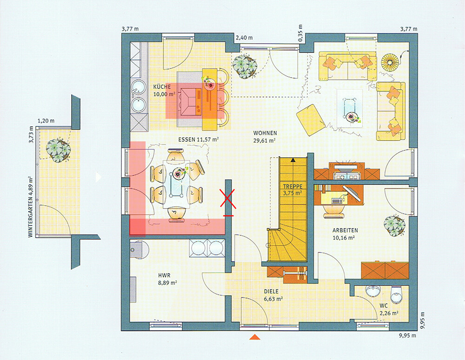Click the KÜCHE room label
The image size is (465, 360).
[162, 87]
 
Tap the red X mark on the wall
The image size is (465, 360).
[228, 198]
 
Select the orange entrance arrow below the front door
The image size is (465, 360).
[254, 337]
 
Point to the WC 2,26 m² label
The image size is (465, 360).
[388, 309]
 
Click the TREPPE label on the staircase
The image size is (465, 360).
[292, 186]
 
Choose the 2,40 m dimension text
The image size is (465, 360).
[244, 38]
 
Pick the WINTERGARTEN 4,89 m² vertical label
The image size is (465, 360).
[30, 207]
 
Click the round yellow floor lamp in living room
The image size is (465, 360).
[390, 62]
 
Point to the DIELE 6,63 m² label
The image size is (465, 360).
[273, 295]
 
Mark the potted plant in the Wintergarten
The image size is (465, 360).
[59, 150]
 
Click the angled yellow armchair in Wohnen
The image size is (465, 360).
[311, 120]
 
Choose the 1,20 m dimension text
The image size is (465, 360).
[46, 121]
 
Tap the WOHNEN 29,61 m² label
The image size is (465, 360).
[265, 137]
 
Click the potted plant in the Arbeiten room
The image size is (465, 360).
[394, 226]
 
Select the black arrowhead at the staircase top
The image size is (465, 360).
[293, 160]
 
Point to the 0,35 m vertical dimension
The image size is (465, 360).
[301, 33]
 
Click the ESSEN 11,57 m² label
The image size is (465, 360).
[199, 139]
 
